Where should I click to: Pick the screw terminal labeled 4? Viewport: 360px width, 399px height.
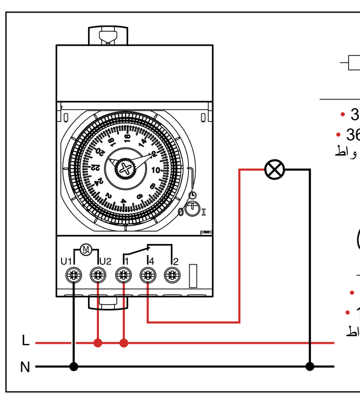coord(147,276)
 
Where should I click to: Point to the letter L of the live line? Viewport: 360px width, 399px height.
coord(26,341)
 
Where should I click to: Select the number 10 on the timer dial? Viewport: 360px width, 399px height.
coord(156,170)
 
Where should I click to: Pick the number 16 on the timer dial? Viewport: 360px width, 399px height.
coord(128,138)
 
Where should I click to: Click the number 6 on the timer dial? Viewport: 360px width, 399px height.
coord(140,197)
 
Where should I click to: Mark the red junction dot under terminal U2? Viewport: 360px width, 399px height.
coord(98,343)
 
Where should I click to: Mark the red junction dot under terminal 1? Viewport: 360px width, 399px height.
coord(124,343)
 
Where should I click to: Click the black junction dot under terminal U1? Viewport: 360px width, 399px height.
coord(73,366)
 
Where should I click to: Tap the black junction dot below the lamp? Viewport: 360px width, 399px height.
coord(310,366)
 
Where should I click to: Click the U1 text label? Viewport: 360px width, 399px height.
coord(66,262)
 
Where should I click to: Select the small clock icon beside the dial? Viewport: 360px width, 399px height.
coord(192,195)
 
